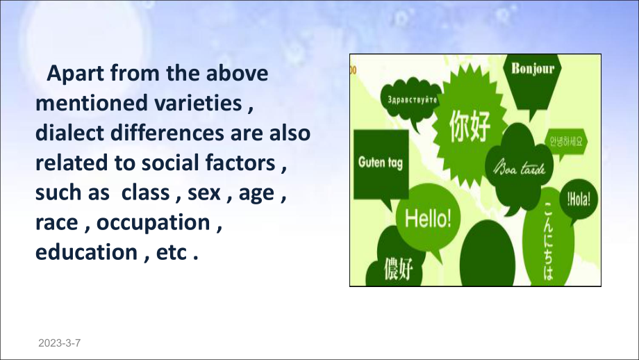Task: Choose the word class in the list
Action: click(x=145, y=193)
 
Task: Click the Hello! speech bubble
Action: click(x=428, y=220)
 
